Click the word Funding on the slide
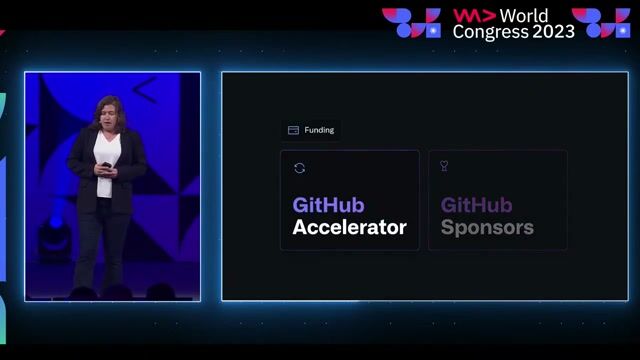click(x=320, y=130)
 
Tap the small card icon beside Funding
click(x=293, y=130)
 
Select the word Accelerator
click(x=349, y=227)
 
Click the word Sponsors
click(x=487, y=227)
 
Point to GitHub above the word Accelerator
click(x=328, y=205)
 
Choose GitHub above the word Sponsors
click(x=476, y=205)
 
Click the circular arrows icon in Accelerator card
click(x=299, y=168)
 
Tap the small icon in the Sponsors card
click(x=444, y=166)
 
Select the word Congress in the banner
click(x=488, y=31)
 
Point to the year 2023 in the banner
click(x=553, y=31)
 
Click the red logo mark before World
click(x=474, y=15)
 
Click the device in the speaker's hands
click(x=106, y=165)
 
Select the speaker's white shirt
click(x=106, y=150)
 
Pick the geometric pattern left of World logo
click(x=411, y=22)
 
